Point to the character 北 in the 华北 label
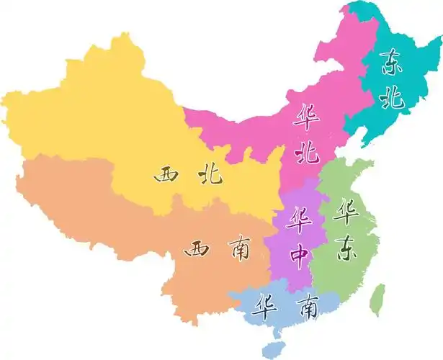coord(308,152)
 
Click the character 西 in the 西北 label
coord(168,175)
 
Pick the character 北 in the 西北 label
coord(210,175)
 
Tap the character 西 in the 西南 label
coord(197,250)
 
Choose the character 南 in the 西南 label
coord(237,250)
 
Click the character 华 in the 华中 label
coord(297,218)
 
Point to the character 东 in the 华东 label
coord(347,249)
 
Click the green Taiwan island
coord(377,300)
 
